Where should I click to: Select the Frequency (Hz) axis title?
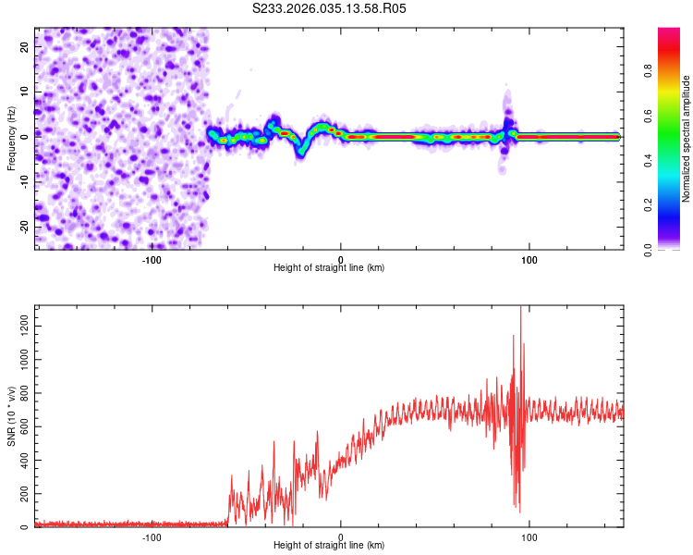[10, 138]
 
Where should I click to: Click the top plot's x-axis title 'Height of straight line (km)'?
[329, 267]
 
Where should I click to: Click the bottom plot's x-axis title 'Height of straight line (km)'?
[329, 546]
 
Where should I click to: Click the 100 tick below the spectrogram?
[529, 259]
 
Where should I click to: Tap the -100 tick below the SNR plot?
[152, 537]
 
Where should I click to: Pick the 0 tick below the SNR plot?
[341, 537]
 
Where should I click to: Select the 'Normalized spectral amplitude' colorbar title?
[687, 139]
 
